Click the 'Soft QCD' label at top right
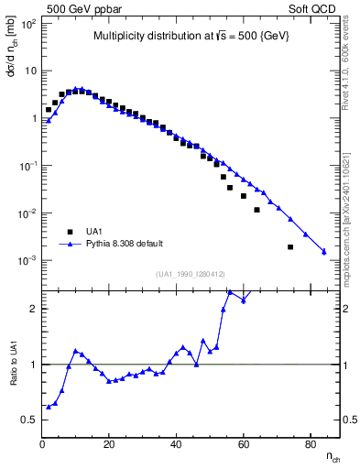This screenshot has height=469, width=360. pyautogui.click(x=314, y=8)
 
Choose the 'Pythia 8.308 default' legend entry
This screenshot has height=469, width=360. pyautogui.click(x=118, y=245)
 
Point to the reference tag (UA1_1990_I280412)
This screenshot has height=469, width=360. pyautogui.click(x=191, y=274)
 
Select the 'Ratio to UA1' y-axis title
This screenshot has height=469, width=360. pyautogui.click(x=12, y=376)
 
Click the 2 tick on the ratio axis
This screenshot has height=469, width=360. pyautogui.click(x=33, y=309)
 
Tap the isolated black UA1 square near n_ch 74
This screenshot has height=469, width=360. pyautogui.click(x=290, y=246)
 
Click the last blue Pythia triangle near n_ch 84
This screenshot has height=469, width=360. pyautogui.click(x=324, y=251)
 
